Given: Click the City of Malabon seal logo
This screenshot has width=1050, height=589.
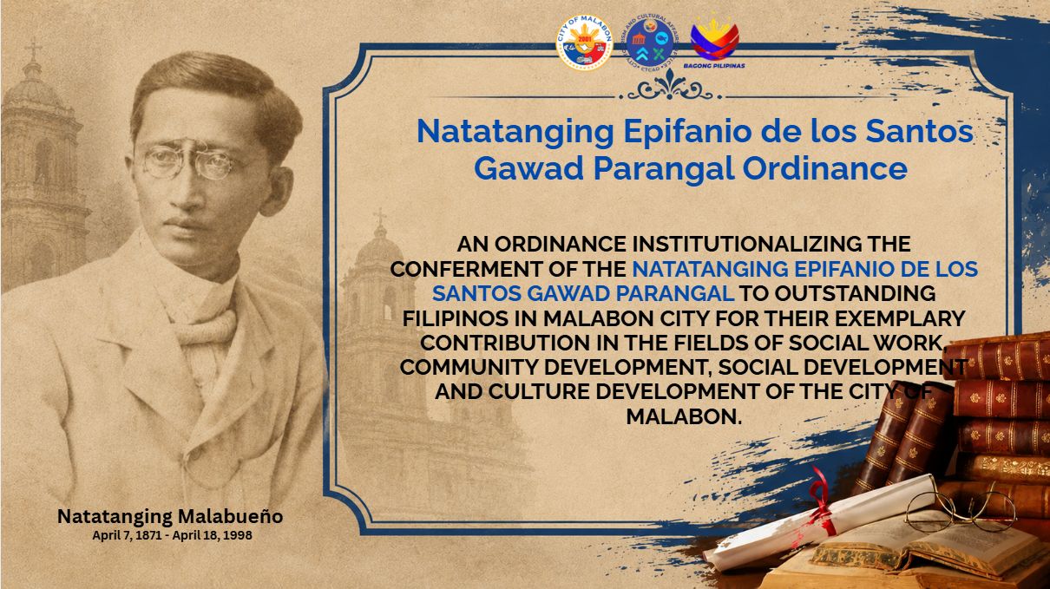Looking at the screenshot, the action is coord(584,43).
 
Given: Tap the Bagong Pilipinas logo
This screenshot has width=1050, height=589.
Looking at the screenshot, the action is coord(714,42).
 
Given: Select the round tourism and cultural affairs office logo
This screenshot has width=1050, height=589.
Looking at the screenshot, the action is coord(649,43).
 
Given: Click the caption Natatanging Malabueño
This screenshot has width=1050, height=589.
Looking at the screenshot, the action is coord(170,516).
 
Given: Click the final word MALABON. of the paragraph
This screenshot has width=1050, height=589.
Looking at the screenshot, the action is coord(684,416).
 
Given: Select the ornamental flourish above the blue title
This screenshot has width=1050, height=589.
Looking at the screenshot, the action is coord(669,87).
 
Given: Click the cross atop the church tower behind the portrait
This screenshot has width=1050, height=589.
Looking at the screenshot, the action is coord(33,49).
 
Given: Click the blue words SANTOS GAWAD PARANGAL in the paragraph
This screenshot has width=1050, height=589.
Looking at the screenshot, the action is coord(582,294).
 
